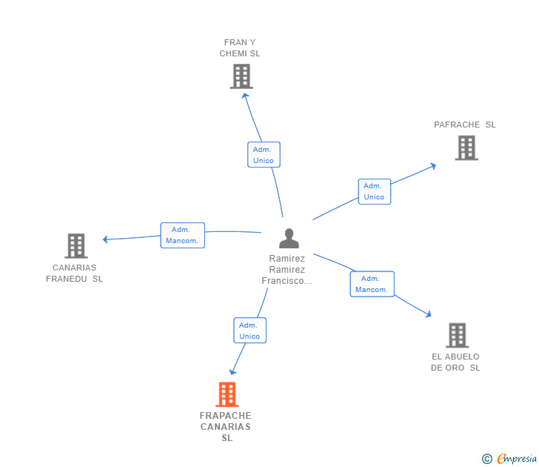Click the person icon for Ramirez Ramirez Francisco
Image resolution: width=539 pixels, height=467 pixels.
click(289, 238)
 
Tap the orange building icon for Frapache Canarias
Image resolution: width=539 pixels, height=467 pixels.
click(227, 394)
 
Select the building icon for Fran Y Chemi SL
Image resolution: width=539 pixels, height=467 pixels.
click(241, 76)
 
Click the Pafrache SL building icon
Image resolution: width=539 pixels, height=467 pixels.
click(466, 148)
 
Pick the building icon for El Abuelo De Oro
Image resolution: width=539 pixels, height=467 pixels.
click(457, 335)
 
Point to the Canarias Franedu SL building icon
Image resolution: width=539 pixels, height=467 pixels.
click(76, 245)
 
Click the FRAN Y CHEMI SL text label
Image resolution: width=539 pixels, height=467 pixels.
click(240, 48)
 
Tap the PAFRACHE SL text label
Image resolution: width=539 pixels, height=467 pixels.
click(465, 125)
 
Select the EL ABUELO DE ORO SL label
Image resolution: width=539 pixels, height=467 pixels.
click(455, 362)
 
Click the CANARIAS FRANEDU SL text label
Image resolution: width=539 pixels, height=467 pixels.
click(74, 274)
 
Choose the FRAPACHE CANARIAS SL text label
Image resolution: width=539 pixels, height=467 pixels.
click(226, 426)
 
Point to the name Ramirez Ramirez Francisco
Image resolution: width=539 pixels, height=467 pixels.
click(287, 270)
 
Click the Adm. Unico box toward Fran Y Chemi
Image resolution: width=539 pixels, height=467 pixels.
click(264, 155)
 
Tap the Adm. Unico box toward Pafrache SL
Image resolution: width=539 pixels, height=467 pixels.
click(374, 191)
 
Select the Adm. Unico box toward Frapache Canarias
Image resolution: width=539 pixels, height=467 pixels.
click(250, 331)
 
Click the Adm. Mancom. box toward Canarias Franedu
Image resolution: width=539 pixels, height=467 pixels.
click(182, 235)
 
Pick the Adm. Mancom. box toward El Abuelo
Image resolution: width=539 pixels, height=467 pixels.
click(372, 284)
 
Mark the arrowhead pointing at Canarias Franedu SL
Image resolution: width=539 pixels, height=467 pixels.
click(106, 239)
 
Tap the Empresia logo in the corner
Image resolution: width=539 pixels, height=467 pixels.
click(510, 459)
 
